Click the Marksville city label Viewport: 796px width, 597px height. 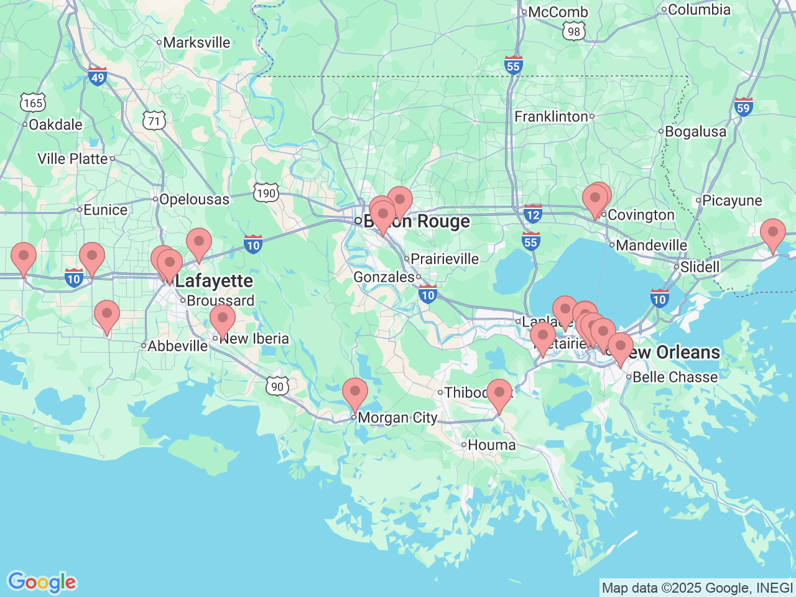tap(197, 43)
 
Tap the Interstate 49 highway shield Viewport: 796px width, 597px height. tap(98, 76)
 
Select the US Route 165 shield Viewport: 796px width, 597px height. tap(33, 103)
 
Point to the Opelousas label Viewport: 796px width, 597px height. tap(194, 200)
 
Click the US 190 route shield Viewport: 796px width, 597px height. tap(266, 193)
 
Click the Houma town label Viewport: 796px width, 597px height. tap(491, 445)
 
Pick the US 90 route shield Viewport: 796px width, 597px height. tap(277, 386)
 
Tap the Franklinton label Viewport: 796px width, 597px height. tap(552, 117)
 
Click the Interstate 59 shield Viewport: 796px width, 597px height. tap(743, 106)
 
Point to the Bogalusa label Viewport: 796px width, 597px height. tap(695, 132)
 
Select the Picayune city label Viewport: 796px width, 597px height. tap(732, 201)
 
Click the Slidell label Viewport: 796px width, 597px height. tap(700, 267)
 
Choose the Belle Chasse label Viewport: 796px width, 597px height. tap(675, 377)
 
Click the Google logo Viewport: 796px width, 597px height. tap(42, 583)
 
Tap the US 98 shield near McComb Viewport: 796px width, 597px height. tap(573, 31)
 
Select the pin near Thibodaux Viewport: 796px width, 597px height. tap(499, 394)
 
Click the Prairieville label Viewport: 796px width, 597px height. tap(445, 259)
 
